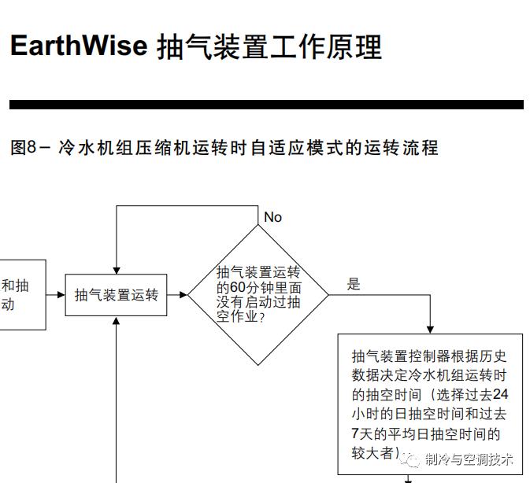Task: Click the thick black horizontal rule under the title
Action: point(265,105)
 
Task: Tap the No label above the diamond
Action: point(272,217)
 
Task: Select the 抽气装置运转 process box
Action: point(116,295)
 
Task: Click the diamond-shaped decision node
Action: point(258,295)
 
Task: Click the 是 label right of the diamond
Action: point(354,284)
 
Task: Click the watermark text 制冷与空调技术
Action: point(469,459)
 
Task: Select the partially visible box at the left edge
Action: point(21,295)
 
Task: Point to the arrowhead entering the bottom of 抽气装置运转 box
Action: point(116,321)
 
